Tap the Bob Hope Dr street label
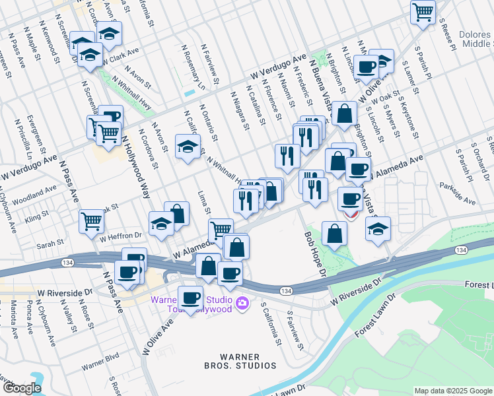(315, 253)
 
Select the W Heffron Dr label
(121, 235)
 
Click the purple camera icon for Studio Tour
(242, 303)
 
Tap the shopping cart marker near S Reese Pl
(423, 11)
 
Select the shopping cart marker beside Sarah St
(91, 221)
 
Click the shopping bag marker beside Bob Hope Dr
(335, 234)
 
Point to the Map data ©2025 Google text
(453, 391)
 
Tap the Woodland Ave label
(36, 192)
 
